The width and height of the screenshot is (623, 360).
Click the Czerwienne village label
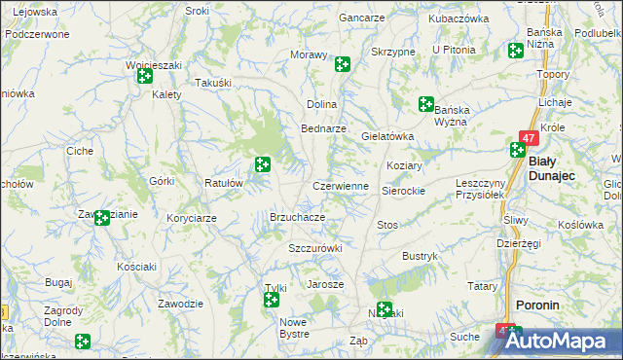tap(340, 186)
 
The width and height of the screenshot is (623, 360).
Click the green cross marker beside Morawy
tap(343, 64)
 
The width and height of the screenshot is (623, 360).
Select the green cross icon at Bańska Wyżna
tap(426, 103)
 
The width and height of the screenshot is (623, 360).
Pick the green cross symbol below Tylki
tap(272, 301)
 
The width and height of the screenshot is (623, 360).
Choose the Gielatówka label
tap(388, 137)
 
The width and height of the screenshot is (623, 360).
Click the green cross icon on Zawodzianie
tap(102, 218)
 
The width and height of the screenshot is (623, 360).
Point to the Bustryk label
tap(421, 256)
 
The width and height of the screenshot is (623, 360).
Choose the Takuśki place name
tap(213, 84)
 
